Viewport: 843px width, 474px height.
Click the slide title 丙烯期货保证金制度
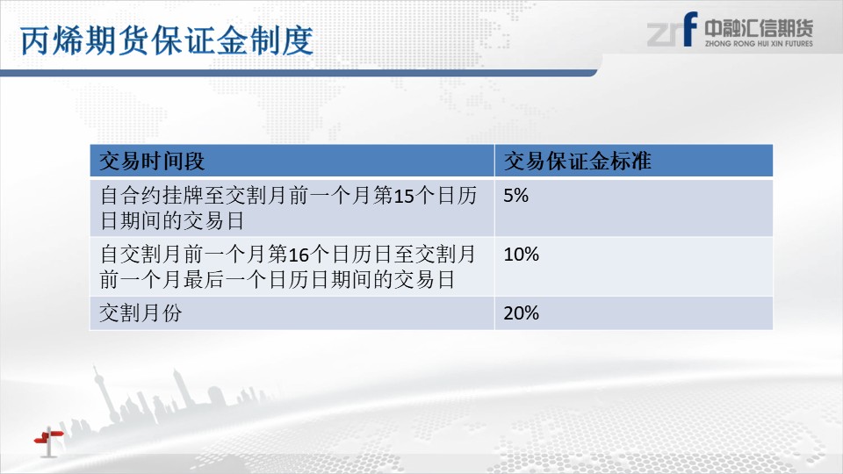click(167, 40)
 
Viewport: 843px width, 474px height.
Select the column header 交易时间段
click(152, 161)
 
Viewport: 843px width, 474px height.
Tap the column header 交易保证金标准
click(578, 161)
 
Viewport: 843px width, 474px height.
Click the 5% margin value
click(515, 195)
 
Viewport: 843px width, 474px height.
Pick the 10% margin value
click(521, 255)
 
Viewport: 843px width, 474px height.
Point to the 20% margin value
click(521, 312)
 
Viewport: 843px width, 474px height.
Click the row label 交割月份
click(140, 312)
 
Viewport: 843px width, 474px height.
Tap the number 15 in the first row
click(404, 196)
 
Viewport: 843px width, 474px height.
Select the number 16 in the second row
click(299, 255)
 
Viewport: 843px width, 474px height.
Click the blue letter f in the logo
click(690, 29)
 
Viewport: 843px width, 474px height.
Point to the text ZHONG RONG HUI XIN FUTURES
click(759, 44)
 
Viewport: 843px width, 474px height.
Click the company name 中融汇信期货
click(759, 28)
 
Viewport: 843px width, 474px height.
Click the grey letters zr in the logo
click(665, 34)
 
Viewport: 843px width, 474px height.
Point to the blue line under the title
click(299, 73)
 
